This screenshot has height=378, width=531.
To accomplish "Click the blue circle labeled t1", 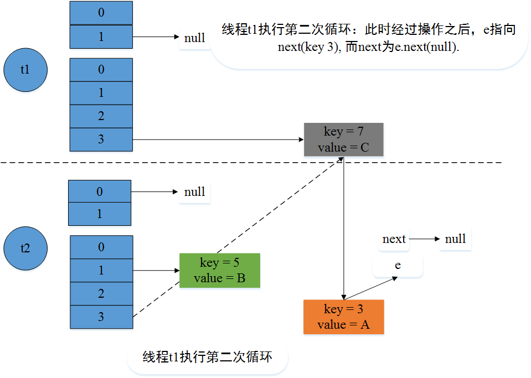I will [25, 70].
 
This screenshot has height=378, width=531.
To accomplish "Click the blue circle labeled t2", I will [25, 247].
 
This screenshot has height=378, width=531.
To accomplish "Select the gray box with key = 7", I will [343, 139].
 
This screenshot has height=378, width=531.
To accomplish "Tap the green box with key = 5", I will [219, 271].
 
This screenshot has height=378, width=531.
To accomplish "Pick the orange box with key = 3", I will [343, 317].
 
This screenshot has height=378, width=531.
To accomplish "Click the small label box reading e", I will [398, 266].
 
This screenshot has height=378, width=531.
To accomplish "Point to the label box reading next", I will [394, 239].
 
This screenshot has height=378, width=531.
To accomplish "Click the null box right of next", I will [455, 239].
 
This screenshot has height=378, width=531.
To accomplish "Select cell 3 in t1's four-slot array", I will [101, 139].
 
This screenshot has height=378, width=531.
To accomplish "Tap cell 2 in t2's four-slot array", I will [101, 293].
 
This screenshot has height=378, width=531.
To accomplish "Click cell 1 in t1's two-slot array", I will [101, 37].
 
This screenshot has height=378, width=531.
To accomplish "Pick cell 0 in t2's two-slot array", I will [100, 191].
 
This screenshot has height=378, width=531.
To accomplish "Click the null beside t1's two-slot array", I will [194, 38].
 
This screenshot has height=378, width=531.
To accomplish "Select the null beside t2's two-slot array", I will [194, 192].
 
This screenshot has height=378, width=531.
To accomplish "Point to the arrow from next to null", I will [425, 239].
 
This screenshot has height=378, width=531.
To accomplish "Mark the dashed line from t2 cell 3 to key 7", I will [238, 238].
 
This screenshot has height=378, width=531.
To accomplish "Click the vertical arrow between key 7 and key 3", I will [344, 227].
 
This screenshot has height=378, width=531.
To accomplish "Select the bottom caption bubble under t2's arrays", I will [207, 357].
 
